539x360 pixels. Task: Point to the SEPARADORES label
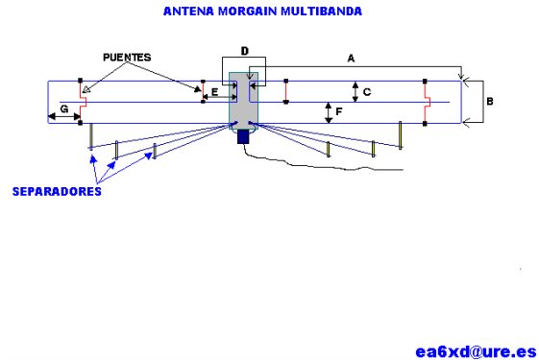[x=56, y=191]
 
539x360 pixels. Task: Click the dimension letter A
[x=351, y=59]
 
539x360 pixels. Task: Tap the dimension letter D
[x=244, y=49]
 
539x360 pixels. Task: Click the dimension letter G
[x=63, y=108]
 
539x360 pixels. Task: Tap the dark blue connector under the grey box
[x=243, y=136]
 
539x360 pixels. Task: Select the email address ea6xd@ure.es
[x=470, y=349]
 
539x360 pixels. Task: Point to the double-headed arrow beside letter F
[x=328, y=112]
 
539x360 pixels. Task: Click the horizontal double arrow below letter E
[x=214, y=100]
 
